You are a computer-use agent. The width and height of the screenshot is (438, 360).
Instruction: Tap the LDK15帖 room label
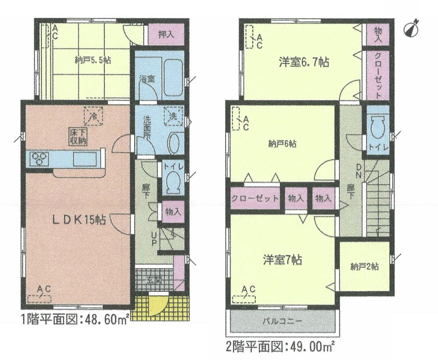(x=78, y=220)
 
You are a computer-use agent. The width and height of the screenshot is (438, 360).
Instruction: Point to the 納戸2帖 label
(x=364, y=266)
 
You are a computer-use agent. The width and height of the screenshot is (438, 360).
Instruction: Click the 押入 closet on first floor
(x=164, y=34)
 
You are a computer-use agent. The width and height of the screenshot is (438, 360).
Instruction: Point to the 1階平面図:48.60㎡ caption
(x=74, y=320)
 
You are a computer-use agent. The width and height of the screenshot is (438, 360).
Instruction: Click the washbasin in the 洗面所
(x=175, y=142)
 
